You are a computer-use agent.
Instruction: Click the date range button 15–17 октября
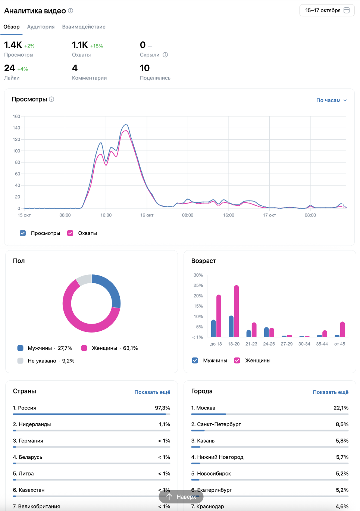pyautogui.click(x=327, y=10)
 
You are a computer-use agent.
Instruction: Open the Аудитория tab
pyautogui.click(x=41, y=27)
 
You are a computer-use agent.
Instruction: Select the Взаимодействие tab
pyautogui.click(x=84, y=27)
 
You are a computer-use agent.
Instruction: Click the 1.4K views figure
pyautogui.click(x=13, y=45)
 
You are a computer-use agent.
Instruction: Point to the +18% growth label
pyautogui.click(x=97, y=46)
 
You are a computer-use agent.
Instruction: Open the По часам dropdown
pyautogui.click(x=331, y=100)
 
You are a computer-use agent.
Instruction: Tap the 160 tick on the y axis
pyautogui.click(x=16, y=116)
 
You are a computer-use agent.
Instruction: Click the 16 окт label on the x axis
pyautogui.click(x=147, y=215)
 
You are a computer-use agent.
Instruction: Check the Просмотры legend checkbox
pyautogui.click(x=23, y=233)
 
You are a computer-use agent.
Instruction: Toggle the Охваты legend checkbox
pyautogui.click(x=70, y=233)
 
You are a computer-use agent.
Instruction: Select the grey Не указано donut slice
pyautogui.click(x=84, y=279)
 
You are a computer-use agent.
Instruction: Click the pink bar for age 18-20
pyautogui.click(x=237, y=311)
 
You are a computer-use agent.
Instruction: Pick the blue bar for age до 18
pyautogui.click(x=213, y=328)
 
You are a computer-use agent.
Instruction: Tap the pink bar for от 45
pyautogui.click(x=342, y=330)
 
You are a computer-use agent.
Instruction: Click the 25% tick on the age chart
pyautogui.click(x=198, y=286)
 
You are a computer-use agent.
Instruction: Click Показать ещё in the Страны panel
pyautogui.click(x=152, y=392)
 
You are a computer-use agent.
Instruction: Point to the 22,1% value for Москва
pyautogui.click(x=341, y=408)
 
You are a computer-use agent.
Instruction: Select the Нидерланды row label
pyautogui.click(x=35, y=424)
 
